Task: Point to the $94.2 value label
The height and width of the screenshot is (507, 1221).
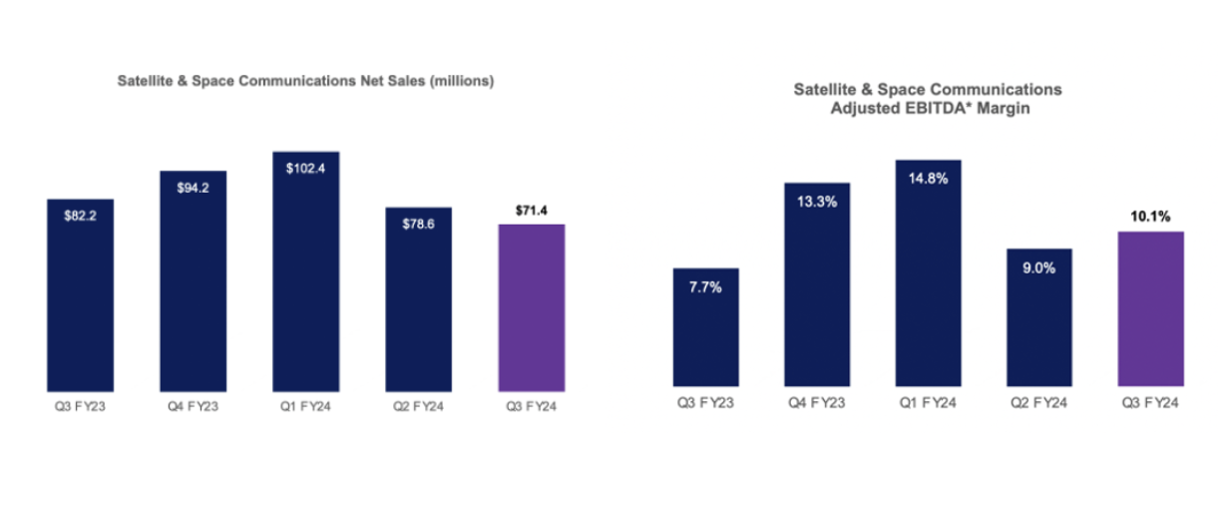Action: click(x=193, y=189)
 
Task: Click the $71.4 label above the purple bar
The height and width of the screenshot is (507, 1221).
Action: click(x=531, y=211)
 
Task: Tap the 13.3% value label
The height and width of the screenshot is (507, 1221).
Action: click(x=817, y=201)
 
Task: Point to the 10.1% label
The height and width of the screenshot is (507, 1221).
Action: click(x=1150, y=216)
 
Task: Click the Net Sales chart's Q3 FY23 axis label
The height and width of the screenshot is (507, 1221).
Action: click(x=80, y=407)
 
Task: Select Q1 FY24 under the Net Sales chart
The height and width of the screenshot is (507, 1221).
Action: click(x=305, y=407)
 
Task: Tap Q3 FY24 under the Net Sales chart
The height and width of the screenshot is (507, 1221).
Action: click(x=531, y=407)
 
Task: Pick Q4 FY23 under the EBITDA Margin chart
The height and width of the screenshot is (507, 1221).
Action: click(x=817, y=403)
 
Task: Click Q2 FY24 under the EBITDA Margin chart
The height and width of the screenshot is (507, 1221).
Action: click(x=1039, y=403)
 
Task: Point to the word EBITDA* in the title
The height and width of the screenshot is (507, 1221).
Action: click(x=934, y=108)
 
